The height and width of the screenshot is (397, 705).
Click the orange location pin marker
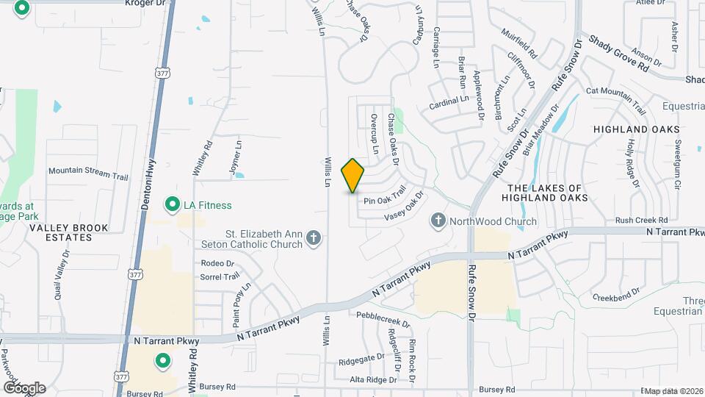point(353,175)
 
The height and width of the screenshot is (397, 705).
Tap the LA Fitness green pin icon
point(173,204)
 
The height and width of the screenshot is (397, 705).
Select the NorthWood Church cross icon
point(438,221)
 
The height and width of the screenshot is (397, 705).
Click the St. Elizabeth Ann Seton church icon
point(314,237)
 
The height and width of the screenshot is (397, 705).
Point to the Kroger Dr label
point(142,3)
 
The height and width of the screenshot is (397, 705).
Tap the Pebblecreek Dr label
point(383,319)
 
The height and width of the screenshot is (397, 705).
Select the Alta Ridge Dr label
point(373,380)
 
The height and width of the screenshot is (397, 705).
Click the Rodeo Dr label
point(217,263)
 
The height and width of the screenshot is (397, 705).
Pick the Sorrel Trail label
point(220,277)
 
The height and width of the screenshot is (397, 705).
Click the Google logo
point(24,387)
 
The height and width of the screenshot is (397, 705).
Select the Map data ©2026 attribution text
point(673,390)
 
